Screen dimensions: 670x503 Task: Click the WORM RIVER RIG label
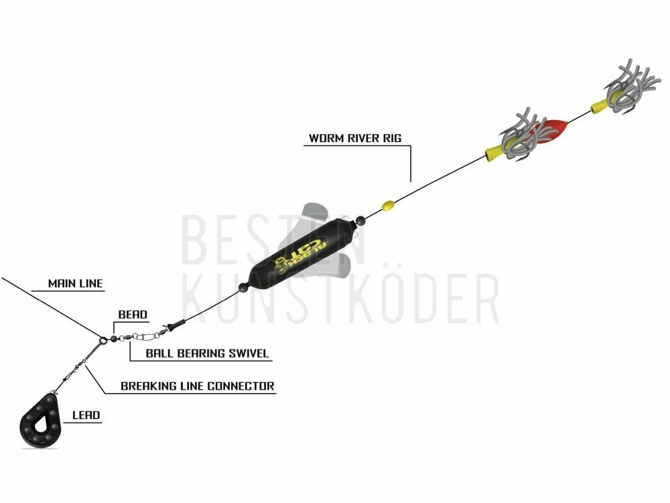(x=355, y=138)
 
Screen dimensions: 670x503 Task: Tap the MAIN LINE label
(x=75, y=283)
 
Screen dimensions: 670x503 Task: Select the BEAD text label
(x=133, y=315)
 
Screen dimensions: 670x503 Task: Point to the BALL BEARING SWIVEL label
(x=207, y=353)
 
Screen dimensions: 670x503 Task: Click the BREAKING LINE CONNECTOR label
(x=198, y=386)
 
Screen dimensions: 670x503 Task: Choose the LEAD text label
(x=86, y=415)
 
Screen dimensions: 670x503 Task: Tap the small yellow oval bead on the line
(x=388, y=206)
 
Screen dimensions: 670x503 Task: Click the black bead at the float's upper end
(x=360, y=221)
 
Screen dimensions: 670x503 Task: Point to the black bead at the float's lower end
(x=243, y=287)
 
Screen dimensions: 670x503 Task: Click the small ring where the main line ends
(x=103, y=341)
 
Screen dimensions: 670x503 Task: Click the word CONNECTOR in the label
(x=241, y=386)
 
